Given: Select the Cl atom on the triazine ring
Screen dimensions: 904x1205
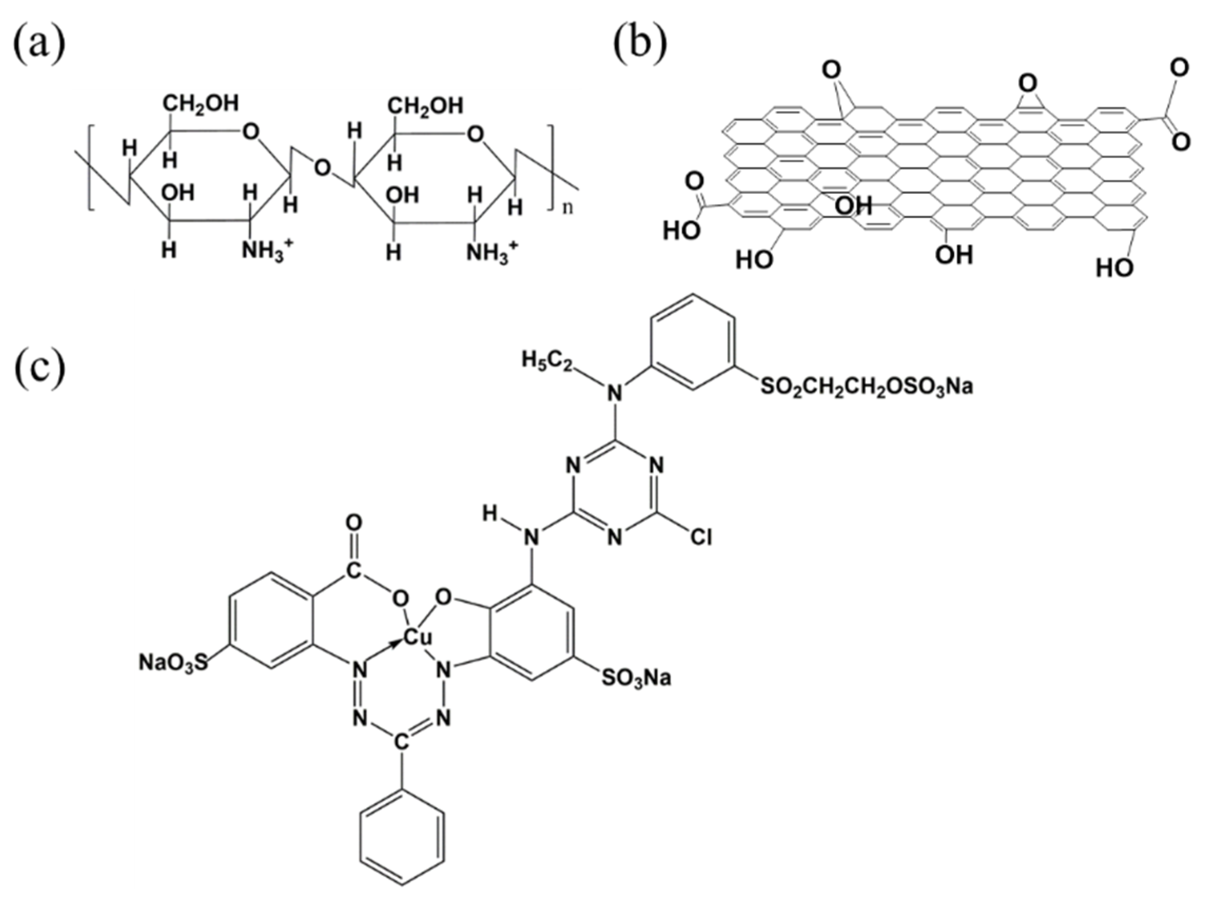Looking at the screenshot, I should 701,538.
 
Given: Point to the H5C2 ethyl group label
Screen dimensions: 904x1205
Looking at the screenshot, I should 547,360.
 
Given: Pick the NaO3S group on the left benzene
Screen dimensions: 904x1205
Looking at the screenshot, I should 173,663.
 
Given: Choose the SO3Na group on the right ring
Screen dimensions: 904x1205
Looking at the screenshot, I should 636,678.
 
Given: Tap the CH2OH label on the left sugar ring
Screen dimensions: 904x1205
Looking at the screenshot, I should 202,102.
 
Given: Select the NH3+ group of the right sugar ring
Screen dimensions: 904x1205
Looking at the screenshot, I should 492,252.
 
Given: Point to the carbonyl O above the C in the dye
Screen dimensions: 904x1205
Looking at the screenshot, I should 354,523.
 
